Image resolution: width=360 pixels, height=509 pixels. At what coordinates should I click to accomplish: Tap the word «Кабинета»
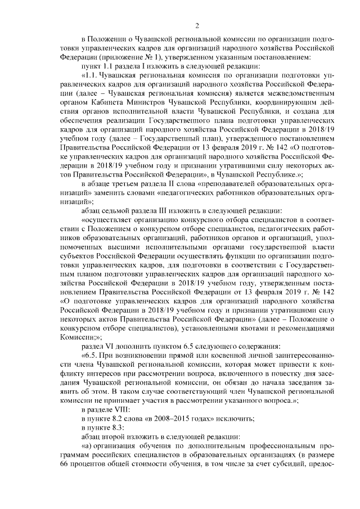coord(110,103)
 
